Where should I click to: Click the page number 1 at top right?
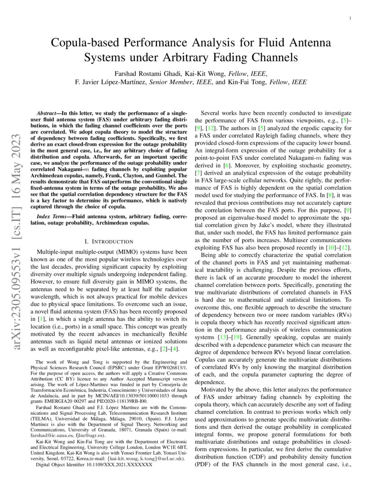pos(350,18)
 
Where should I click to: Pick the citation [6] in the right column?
pos(231,166)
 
